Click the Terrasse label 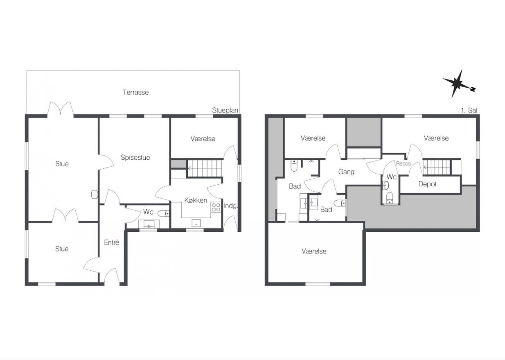[136, 92]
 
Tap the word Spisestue [135, 157]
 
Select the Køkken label [196, 200]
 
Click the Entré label [112, 242]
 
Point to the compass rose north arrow [459, 84]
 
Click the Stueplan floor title [225, 110]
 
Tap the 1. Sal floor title [469, 111]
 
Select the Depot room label [427, 184]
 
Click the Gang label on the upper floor [346, 172]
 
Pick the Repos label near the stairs [404, 163]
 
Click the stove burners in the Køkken [216, 207]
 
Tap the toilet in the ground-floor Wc [163, 213]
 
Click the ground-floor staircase [205, 168]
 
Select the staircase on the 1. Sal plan [437, 167]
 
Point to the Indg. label [231, 206]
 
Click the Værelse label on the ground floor [203, 139]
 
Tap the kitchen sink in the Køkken [196, 223]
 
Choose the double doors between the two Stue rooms [65, 215]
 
